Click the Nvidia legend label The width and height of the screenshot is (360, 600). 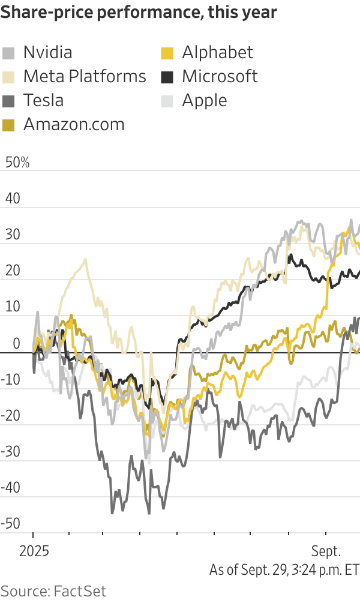click(x=47, y=52)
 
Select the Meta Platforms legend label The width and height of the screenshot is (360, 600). click(x=85, y=76)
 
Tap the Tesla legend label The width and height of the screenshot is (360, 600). click(x=43, y=100)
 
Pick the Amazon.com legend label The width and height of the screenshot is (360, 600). click(x=74, y=124)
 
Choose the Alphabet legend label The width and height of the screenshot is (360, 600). click(x=218, y=52)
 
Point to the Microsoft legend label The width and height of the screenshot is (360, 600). click(x=220, y=76)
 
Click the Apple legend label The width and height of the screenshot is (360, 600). click(x=205, y=100)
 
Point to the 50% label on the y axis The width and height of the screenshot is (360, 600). click(x=17, y=163)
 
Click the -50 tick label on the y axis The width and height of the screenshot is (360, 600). click(x=12, y=523)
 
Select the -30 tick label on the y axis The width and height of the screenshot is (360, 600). click(x=12, y=451)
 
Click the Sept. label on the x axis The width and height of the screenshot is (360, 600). click(x=326, y=551)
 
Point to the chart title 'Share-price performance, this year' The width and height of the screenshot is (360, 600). click(x=139, y=13)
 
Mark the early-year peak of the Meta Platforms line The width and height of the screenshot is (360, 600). click(x=85, y=259)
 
